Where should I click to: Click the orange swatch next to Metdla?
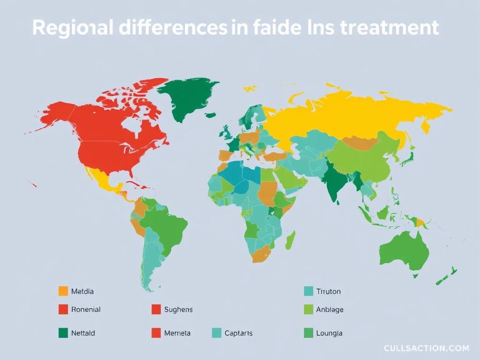tap(63, 291)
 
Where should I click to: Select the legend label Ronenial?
tap(86, 309)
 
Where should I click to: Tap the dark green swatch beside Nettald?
tap(63, 333)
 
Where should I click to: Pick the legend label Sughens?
tap(179, 309)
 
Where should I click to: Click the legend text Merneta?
tap(177, 333)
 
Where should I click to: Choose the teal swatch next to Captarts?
tap(217, 333)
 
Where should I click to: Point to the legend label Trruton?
tap(329, 291)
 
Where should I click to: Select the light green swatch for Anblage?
tap(308, 309)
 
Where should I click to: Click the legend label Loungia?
tap(329, 333)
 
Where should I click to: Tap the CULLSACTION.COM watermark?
tap(426, 348)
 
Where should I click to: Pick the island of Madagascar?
tap(291, 240)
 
